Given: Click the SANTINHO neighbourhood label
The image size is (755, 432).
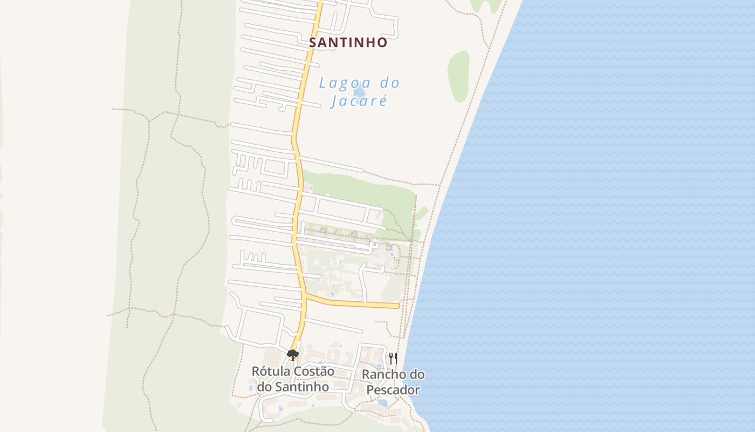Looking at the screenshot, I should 348,42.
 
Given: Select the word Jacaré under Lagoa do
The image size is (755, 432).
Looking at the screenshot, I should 359,101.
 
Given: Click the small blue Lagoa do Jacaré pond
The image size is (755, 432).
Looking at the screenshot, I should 360,92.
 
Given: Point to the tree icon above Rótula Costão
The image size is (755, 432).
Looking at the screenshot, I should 293,355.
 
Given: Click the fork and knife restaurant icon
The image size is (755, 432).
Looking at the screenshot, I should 393,357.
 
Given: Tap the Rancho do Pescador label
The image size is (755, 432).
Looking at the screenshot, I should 393,382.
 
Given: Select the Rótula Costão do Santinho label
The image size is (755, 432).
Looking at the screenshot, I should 293,379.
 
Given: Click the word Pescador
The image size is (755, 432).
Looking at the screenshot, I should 393,390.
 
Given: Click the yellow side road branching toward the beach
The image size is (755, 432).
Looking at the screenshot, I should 356,303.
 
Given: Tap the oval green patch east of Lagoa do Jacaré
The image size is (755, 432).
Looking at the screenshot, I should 458,77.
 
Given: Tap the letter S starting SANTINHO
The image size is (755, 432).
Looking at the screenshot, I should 313,42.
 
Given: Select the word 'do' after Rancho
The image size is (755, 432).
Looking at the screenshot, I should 415,374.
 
